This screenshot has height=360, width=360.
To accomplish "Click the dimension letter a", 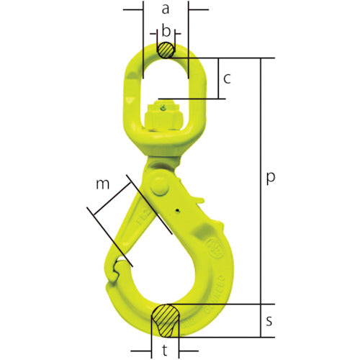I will click(165, 9).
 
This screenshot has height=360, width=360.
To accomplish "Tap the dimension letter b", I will click(166, 31).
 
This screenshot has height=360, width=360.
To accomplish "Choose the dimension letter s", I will click(269, 322).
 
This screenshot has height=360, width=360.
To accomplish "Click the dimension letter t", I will click(166, 352).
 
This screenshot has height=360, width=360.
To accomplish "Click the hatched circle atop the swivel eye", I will click(166, 50).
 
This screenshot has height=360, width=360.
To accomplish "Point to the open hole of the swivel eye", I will click(166, 79).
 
